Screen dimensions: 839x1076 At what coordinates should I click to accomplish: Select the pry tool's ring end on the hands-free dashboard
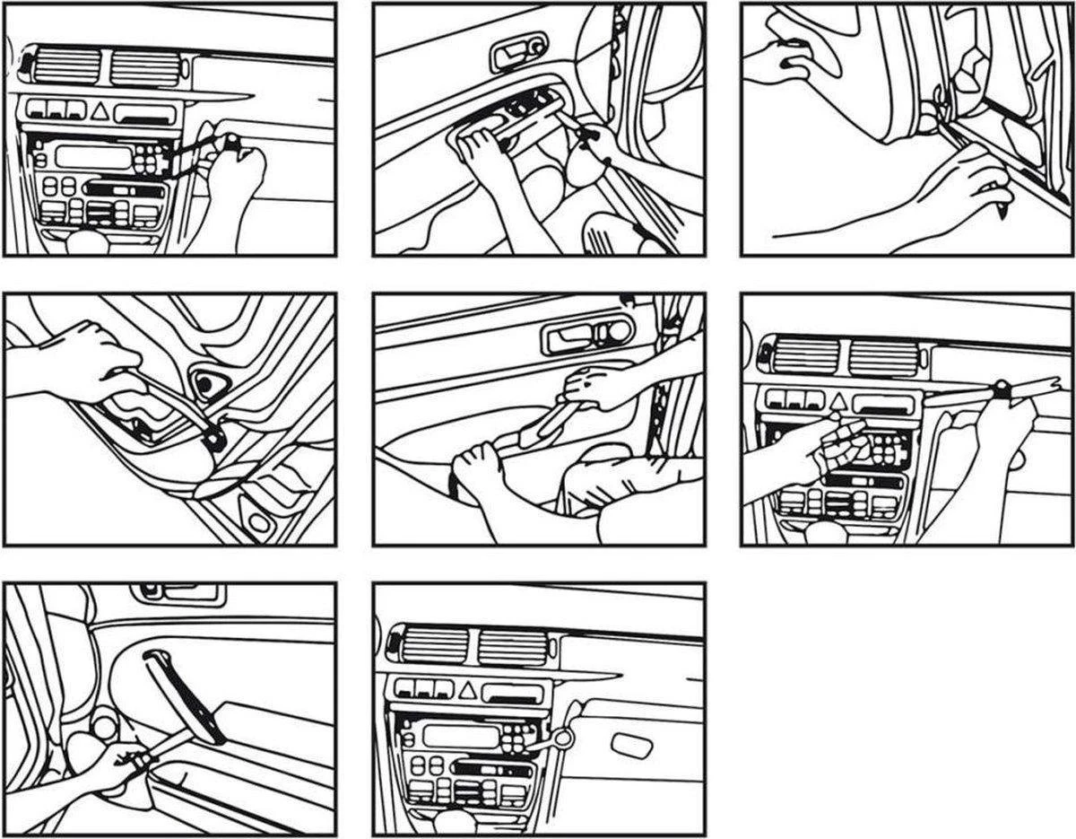(563, 738)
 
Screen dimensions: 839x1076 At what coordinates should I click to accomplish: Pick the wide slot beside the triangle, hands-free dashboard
(512, 693)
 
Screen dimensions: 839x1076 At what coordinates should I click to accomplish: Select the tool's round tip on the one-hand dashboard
(231, 140)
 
